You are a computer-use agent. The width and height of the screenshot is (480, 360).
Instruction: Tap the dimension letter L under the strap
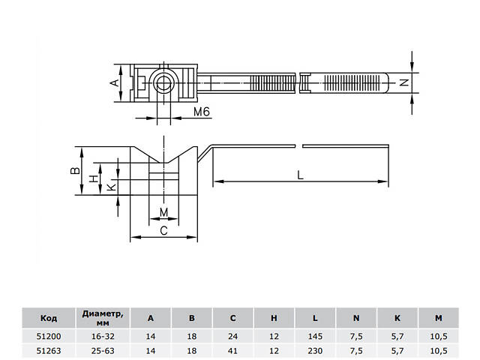[300, 175]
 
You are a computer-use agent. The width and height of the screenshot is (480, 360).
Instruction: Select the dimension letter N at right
[405, 83]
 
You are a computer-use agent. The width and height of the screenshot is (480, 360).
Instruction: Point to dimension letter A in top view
[115, 82]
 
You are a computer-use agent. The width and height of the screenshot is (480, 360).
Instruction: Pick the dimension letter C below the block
[164, 231]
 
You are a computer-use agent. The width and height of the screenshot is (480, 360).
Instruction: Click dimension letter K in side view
[111, 187]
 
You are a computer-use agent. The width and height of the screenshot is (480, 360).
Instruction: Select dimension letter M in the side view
[164, 213]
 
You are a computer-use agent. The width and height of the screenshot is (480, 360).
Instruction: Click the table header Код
[49, 317]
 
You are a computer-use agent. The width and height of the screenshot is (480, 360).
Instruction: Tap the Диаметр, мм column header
[103, 317]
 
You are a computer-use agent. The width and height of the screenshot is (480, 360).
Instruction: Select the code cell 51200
[49, 337]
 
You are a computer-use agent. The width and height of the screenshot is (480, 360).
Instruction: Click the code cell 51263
[49, 349]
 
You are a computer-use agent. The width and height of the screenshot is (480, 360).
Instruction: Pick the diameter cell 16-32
[103, 337]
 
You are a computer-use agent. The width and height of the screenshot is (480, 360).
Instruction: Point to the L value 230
[315, 349]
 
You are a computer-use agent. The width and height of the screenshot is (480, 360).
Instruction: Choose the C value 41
[232, 349]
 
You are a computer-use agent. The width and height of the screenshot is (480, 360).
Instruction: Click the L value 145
[315, 337]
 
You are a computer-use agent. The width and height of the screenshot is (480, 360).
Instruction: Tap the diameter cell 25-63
[103, 349]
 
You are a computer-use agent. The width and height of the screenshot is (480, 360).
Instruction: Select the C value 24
[232, 337]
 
